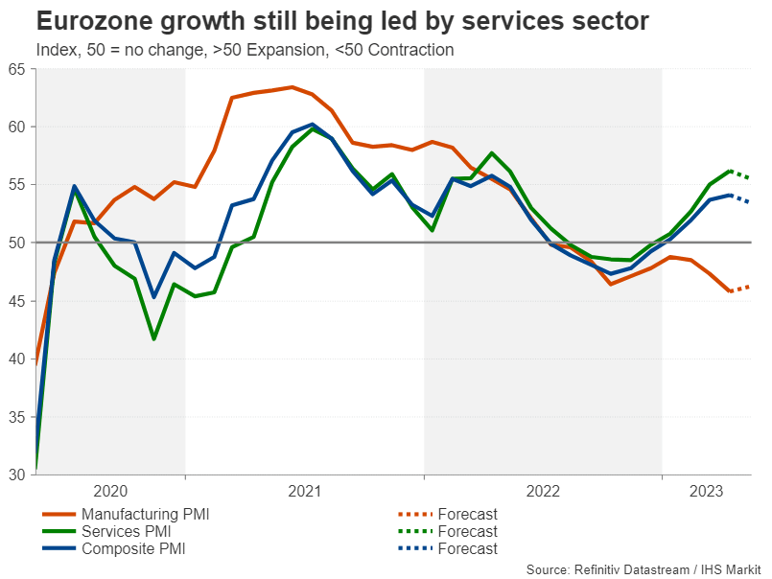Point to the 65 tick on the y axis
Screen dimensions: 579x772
coord(16,68)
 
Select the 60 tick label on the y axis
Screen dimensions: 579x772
coord(16,127)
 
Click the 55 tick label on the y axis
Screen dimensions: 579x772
coord(16,184)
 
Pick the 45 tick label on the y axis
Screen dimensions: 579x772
coord(16,301)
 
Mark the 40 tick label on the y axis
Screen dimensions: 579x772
coord(16,359)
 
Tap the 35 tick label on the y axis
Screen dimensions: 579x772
coord(16,417)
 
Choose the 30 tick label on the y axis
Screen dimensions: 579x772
coord(16,475)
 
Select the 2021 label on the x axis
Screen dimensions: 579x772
coord(305,491)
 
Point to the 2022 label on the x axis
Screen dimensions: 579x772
coord(543,491)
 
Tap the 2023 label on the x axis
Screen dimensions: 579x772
coord(707,491)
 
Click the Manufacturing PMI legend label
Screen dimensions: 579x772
coord(145,514)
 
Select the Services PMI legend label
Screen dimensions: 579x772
coord(129,531)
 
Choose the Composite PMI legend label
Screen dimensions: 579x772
coord(133,548)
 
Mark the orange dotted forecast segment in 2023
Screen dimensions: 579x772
coord(739,289)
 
